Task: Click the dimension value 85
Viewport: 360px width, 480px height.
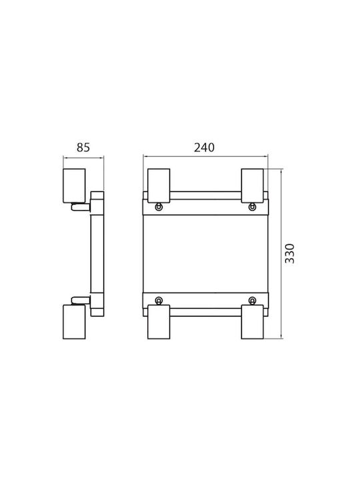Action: click(83, 147)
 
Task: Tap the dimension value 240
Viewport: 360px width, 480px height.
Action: click(204, 147)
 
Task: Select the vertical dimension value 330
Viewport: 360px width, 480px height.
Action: click(289, 253)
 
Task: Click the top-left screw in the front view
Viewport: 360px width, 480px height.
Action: click(159, 207)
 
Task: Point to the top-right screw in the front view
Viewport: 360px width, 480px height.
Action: click(252, 207)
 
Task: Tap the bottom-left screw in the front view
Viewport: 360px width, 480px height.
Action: click(159, 300)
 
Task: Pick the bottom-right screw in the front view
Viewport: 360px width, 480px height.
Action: click(252, 300)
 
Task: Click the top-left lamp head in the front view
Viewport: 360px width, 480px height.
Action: click(159, 185)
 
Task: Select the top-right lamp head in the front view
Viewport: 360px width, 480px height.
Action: click(252, 185)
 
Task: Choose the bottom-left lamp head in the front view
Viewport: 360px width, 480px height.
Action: click(159, 322)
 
